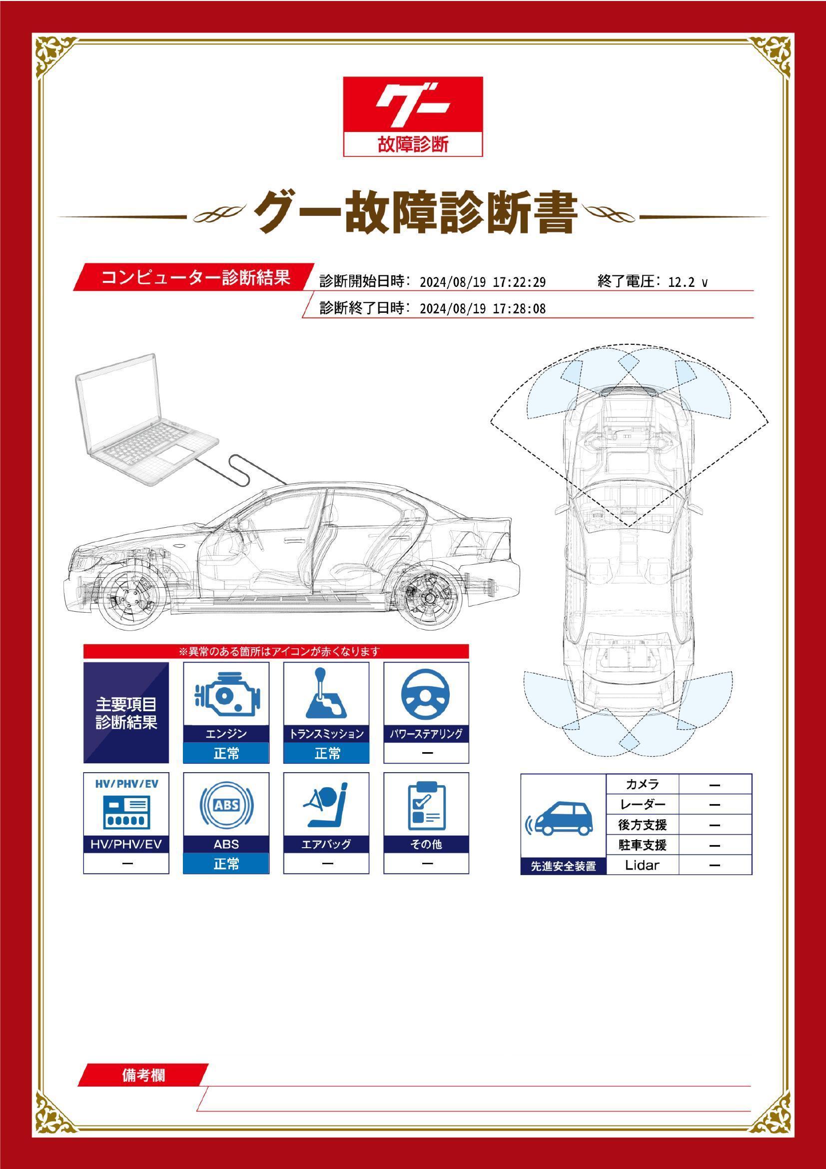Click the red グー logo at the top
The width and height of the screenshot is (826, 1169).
click(413, 116)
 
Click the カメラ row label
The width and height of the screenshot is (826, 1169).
click(642, 784)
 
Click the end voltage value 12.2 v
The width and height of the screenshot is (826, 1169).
click(688, 282)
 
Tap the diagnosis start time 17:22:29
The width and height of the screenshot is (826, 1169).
click(519, 282)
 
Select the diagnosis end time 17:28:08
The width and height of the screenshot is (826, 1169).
click(519, 308)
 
